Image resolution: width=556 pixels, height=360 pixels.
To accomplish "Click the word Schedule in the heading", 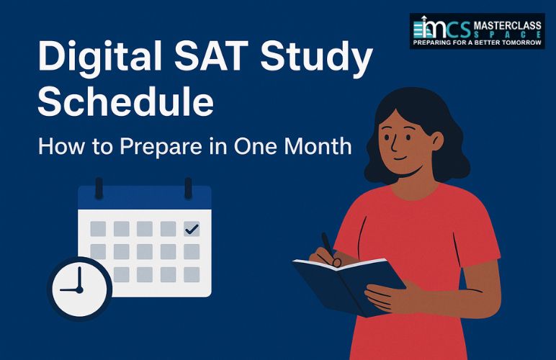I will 125,102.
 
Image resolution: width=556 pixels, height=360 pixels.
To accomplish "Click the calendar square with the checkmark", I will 192,229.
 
